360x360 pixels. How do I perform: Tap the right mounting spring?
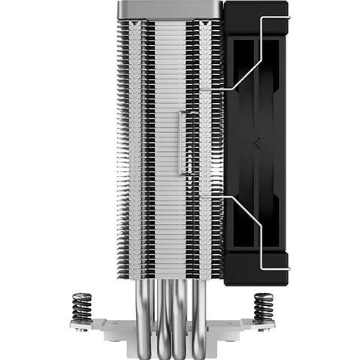tap(263, 307)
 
